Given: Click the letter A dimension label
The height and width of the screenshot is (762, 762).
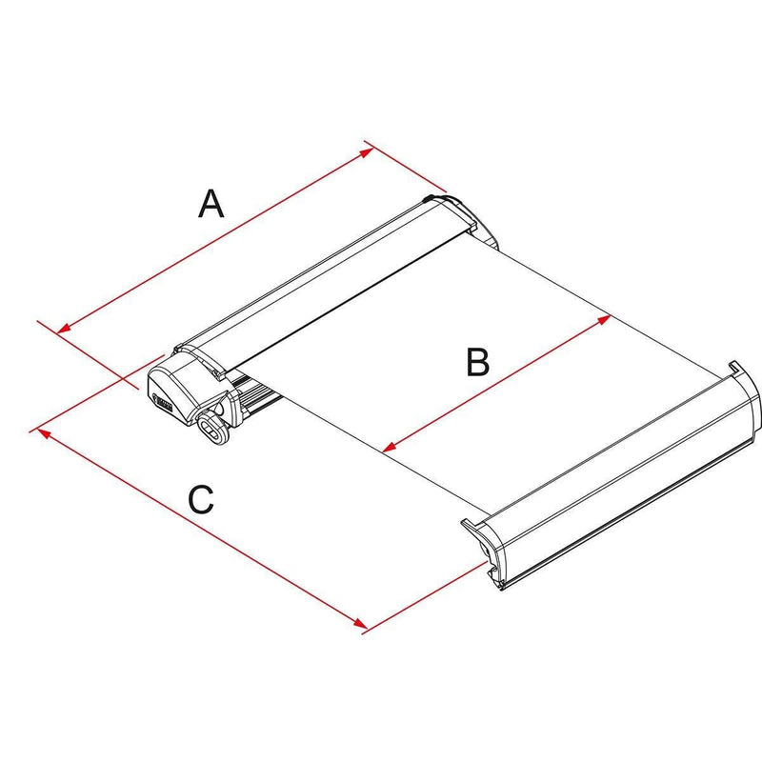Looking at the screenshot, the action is (211, 204).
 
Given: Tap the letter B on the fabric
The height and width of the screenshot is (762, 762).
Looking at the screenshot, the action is (478, 362).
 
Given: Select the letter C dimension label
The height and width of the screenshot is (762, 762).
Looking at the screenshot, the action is (201, 499).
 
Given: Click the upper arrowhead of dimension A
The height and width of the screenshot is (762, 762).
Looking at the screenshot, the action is (367, 152).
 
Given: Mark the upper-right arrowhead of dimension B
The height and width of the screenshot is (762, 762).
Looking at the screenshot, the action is (604, 319).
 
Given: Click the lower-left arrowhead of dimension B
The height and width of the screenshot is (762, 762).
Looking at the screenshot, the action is (390, 446).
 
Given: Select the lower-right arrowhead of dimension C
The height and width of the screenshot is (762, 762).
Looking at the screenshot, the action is (360, 624).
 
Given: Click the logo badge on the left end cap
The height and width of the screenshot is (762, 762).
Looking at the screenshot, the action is (163, 401).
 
